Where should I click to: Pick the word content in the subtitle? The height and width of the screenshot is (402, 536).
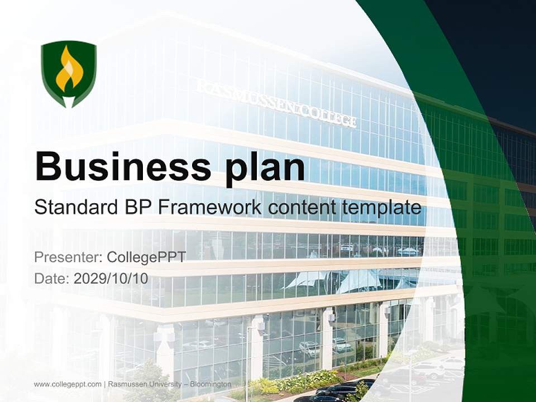point(296,208)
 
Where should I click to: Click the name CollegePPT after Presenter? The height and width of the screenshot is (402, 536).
point(146,257)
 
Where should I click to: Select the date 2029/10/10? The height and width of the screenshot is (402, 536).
point(111,279)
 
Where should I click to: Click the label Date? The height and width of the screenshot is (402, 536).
point(52,279)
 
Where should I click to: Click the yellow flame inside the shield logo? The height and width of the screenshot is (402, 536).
point(69,70)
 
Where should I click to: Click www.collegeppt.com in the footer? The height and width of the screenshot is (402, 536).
point(68,385)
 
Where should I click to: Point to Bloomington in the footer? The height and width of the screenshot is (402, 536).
point(210,385)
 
